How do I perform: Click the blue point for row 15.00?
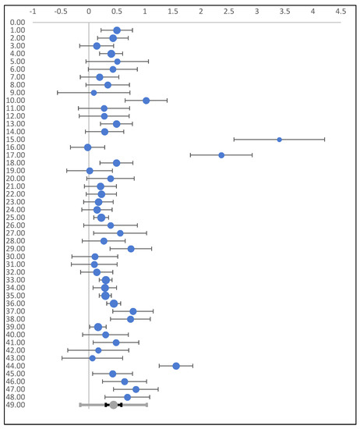(279, 140)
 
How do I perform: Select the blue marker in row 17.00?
(221, 155)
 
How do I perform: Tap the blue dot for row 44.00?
(176, 366)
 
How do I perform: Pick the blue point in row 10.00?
(146, 101)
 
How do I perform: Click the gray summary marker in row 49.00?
(114, 405)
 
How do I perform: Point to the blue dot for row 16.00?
(87, 147)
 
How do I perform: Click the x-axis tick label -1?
(32, 12)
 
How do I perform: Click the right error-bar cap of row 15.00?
(324, 140)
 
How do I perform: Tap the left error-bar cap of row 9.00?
(58, 93)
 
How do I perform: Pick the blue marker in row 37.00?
(133, 311)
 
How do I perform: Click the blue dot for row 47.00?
(136, 389)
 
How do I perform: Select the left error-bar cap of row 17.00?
(190, 155)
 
